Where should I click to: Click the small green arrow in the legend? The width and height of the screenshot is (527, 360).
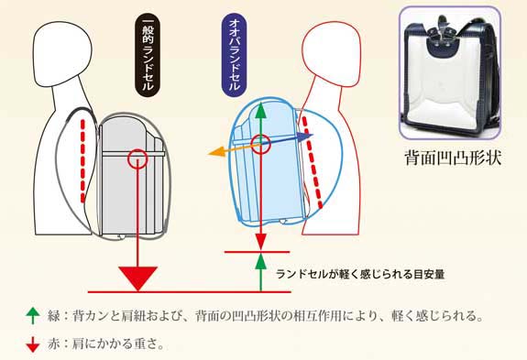pyautogui.click(x=34, y=316)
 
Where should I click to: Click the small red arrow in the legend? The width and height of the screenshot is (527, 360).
pyautogui.click(x=34, y=344)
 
